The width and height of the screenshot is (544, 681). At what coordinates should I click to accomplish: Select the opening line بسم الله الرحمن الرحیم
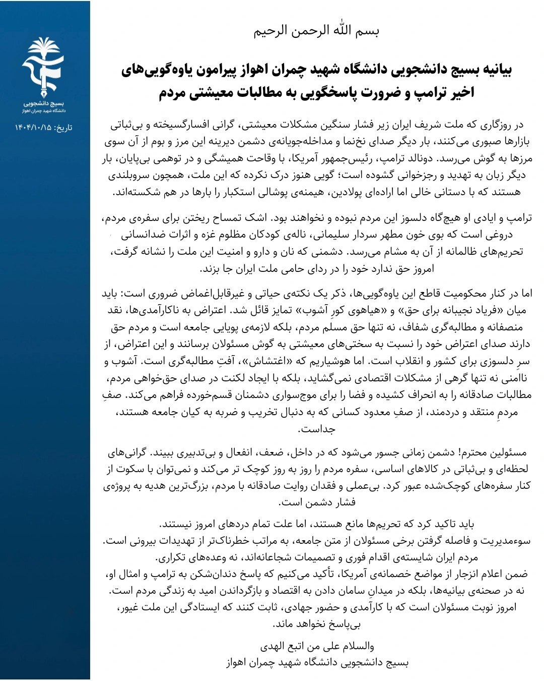pyautogui.click(x=316, y=30)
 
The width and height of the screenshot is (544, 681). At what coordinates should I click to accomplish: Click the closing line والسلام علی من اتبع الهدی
pyautogui.click(x=317, y=646)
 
